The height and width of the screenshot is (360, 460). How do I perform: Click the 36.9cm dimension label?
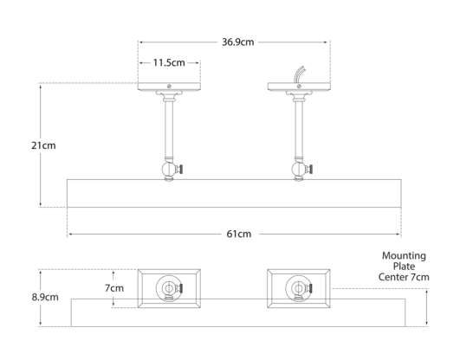coord(237,42)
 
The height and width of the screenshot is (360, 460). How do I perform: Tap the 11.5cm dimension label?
coord(169,62)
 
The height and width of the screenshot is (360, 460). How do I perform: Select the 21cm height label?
coord(43,145)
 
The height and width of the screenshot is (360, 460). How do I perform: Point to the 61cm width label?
coord(239,234)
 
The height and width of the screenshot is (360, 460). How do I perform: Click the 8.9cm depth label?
coord(45,298)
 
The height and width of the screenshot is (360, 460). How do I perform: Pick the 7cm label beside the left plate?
coord(114,288)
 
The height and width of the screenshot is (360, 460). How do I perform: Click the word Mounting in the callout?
coord(404,256)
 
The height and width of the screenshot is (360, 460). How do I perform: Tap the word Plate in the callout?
coord(404,267)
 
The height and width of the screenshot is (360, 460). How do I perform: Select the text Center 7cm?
coord(404,277)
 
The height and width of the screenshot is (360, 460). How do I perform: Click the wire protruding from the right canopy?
coord(299,74)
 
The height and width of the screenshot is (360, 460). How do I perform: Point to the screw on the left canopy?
coord(169,86)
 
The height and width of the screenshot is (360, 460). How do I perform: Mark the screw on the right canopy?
coord(299,86)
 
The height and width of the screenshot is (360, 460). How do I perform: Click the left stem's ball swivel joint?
coord(169,170)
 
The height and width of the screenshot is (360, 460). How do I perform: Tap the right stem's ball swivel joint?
coord(298,170)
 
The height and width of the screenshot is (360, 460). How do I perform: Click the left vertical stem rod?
coord(169,130)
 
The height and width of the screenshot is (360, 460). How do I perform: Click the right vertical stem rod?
coord(299,130)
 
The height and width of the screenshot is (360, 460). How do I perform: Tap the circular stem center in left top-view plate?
coord(169,288)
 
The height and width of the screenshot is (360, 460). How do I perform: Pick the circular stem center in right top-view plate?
coord(298,288)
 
